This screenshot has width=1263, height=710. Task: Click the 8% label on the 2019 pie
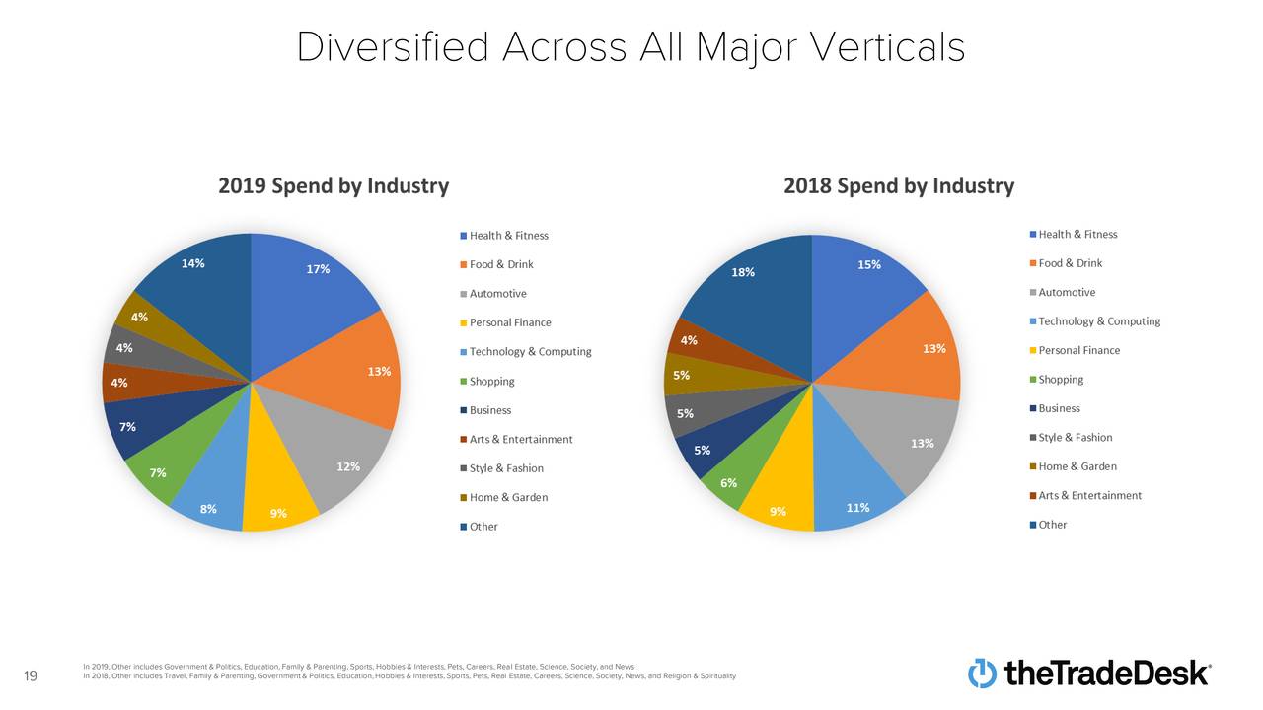(x=208, y=510)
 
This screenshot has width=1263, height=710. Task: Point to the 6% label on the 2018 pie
(x=729, y=482)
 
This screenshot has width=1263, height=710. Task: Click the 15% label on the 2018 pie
(x=869, y=264)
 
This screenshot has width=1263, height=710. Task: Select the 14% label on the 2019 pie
(x=193, y=263)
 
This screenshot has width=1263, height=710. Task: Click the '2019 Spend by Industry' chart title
(x=334, y=185)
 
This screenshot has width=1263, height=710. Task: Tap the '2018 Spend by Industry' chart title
(x=898, y=185)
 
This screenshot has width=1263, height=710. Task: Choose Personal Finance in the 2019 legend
(x=510, y=322)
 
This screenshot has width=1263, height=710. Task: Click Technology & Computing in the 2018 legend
(x=1099, y=321)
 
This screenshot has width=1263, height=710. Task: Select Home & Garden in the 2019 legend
(x=508, y=497)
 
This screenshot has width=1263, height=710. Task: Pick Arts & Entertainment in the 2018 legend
(x=1089, y=495)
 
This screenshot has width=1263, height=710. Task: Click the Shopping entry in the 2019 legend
(x=491, y=381)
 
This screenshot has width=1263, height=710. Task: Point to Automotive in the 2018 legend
(x=1067, y=292)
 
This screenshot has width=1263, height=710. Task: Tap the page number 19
(x=30, y=675)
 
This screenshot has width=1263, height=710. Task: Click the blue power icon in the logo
(x=982, y=673)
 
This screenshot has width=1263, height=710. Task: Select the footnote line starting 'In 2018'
(x=409, y=675)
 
